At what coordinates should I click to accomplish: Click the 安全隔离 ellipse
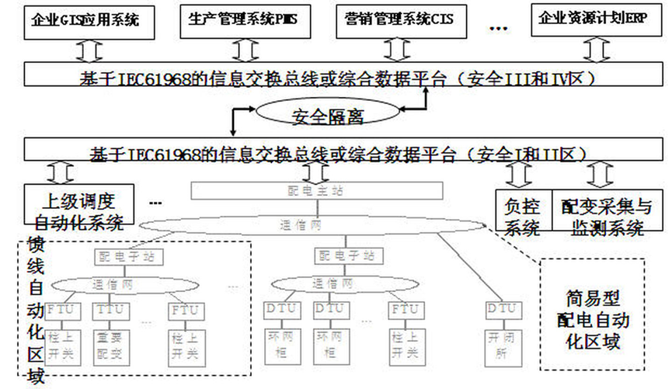click(328, 117)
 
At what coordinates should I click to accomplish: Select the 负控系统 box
click(523, 214)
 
